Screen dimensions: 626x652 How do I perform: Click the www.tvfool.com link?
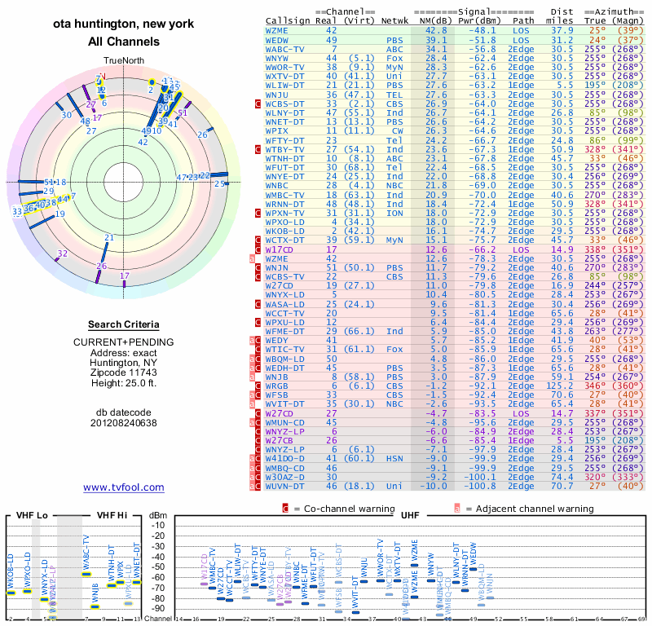(123, 487)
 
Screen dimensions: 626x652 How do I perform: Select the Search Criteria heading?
(123, 324)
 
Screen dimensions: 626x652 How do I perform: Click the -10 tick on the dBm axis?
(158, 525)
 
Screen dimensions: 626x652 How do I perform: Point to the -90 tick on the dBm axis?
(158, 609)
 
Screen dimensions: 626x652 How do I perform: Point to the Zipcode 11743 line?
(123, 371)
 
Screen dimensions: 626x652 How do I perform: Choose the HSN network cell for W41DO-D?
(395, 458)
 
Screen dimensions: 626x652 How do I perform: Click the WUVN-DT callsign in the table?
(289, 486)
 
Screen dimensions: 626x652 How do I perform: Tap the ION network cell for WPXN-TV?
(395, 213)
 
